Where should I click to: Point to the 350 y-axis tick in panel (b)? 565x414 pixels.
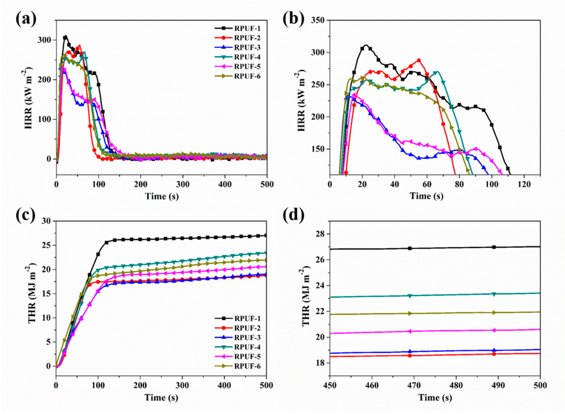coord(318,20)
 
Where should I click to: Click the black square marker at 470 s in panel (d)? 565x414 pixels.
coord(410,248)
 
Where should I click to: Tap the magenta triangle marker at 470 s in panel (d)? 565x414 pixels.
coord(410,331)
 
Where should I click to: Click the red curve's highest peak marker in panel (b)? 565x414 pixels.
coord(419,60)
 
